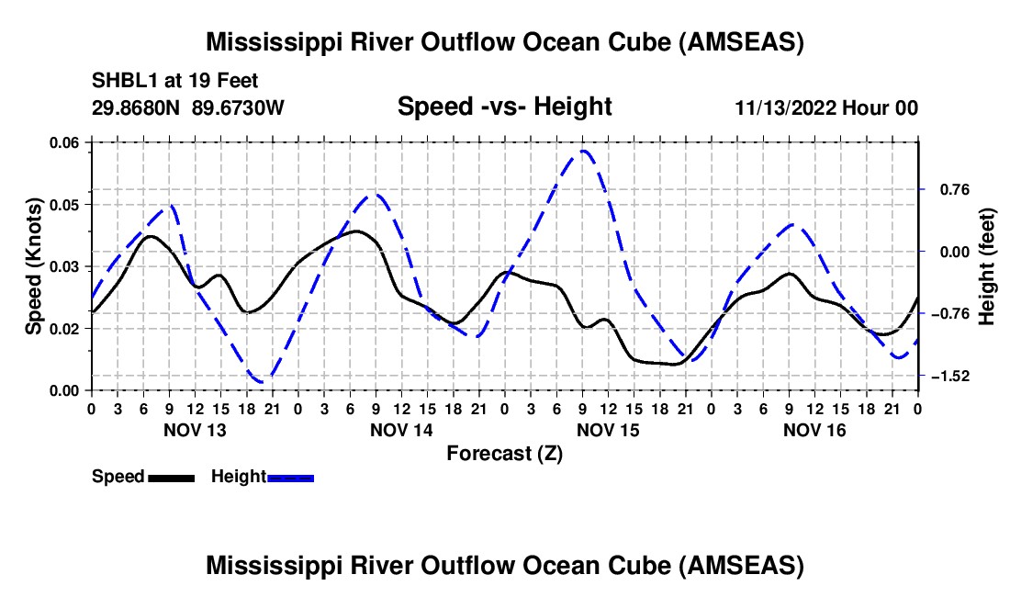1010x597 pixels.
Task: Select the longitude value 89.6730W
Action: (x=239, y=107)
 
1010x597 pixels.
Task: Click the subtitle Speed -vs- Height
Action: (x=504, y=107)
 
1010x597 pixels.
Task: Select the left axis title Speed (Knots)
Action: (x=34, y=266)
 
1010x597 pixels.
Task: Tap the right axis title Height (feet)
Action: (x=986, y=266)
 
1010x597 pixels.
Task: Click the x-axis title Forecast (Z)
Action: (x=504, y=453)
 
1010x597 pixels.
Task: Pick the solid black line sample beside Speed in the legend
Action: (x=171, y=477)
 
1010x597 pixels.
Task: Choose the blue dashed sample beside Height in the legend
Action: (x=291, y=477)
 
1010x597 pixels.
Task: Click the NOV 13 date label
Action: (x=194, y=430)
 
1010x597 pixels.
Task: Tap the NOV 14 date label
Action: (x=400, y=430)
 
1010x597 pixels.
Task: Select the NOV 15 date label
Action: (x=607, y=430)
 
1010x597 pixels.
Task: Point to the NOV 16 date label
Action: (x=814, y=430)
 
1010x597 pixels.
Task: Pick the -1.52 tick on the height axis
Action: (x=949, y=376)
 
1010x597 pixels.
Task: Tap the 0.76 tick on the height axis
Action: (x=949, y=189)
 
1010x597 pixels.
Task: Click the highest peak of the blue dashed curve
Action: (x=583, y=150)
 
